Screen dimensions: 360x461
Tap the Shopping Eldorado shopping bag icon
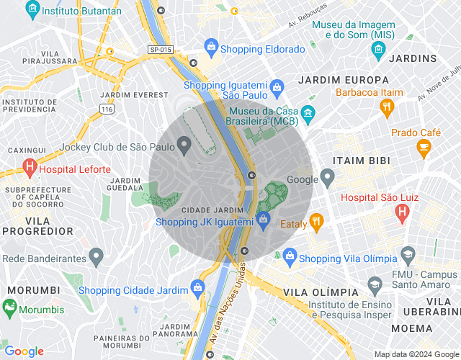(x=211, y=49)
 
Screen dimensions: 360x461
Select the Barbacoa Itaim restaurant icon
(x=387, y=107)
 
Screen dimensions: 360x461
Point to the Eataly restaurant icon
(x=315, y=222)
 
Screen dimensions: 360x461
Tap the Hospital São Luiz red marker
(x=402, y=212)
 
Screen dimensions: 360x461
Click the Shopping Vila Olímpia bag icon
(x=290, y=255)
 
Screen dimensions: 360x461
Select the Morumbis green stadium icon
(x=9, y=307)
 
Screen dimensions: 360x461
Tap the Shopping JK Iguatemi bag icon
(x=263, y=219)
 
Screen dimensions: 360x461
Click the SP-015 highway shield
(x=161, y=49)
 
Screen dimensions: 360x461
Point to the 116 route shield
(x=108, y=109)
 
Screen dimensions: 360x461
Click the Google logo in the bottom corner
(x=24, y=351)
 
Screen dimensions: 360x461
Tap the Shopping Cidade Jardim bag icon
(x=197, y=290)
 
